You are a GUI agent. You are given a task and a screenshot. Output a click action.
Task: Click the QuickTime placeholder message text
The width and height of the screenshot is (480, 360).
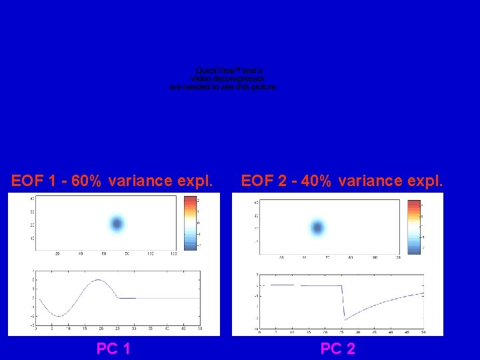(223, 79)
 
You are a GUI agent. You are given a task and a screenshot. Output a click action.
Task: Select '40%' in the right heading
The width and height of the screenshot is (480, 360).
(315, 181)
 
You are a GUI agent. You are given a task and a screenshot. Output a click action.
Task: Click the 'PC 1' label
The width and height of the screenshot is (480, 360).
(113, 348)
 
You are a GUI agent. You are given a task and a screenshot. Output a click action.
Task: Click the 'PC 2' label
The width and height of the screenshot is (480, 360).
(337, 348)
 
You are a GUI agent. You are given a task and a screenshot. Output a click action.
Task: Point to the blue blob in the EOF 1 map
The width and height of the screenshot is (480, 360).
(117, 224)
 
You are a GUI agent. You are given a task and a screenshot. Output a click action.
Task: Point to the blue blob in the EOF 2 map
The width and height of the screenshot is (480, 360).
(317, 227)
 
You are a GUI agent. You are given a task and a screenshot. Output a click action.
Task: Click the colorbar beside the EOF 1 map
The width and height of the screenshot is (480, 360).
(190, 223)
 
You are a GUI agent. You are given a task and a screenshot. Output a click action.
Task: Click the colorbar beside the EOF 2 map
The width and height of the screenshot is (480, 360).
(415, 227)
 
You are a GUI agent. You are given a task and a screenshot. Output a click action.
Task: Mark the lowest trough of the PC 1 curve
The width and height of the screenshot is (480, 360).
(59, 316)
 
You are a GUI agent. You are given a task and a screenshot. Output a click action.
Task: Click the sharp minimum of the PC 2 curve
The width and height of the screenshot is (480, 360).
(344, 320)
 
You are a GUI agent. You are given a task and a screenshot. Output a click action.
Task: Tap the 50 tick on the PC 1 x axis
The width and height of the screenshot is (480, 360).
(199, 329)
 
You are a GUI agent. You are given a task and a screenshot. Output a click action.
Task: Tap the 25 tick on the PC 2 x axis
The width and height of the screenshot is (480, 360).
(342, 331)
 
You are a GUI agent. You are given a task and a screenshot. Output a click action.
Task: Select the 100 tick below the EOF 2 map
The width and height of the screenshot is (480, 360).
(375, 257)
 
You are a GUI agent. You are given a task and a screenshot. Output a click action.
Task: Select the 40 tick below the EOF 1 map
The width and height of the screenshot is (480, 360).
(80, 253)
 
